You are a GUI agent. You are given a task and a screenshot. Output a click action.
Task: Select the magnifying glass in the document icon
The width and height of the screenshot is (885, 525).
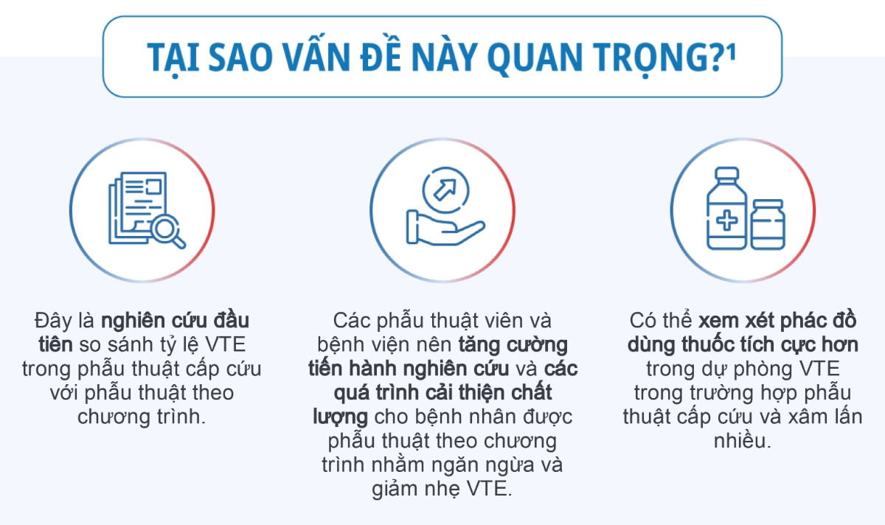(168, 231)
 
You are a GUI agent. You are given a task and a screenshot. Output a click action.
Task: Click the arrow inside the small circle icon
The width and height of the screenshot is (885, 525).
(445, 190)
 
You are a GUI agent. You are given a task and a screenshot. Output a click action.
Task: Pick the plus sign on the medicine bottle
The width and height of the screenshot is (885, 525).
(726, 220)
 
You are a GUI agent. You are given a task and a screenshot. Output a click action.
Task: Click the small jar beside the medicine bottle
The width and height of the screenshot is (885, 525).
(767, 225)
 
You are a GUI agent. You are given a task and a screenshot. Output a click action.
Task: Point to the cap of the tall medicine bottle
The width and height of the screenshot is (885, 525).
(727, 174)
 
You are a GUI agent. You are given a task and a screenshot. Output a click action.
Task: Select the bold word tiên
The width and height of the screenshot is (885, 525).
(56, 344)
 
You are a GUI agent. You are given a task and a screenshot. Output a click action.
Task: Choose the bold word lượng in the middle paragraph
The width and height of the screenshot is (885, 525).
(340, 417)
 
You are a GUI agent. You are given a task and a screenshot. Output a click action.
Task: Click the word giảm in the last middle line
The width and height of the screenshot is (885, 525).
(395, 490)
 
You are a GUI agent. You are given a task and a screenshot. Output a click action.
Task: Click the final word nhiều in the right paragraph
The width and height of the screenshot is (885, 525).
(742, 441)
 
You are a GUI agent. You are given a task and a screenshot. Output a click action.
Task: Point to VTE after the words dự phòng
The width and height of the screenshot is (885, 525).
(820, 369)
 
